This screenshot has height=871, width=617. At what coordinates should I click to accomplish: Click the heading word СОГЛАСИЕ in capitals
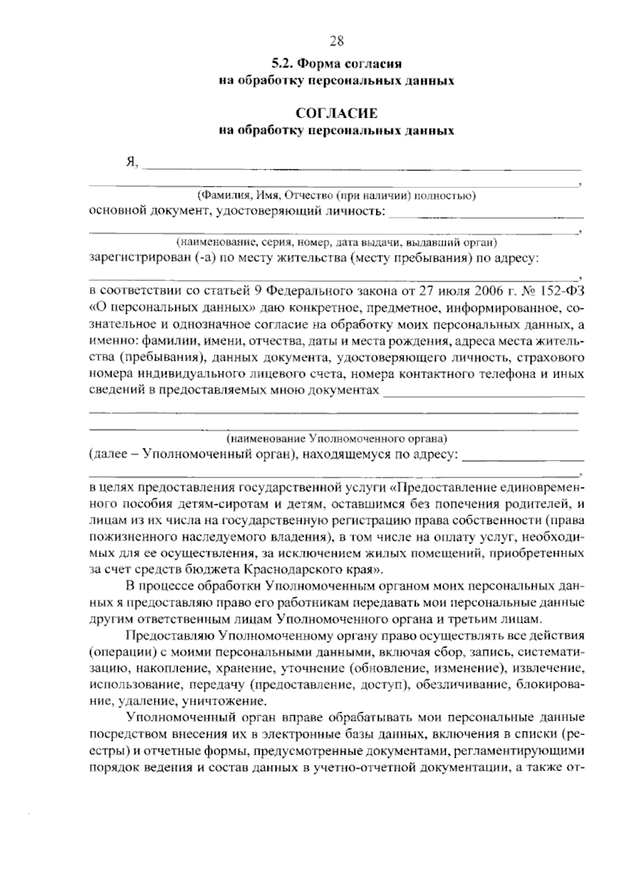pyautogui.click(x=336, y=113)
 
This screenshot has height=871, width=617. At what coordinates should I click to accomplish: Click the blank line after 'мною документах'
pyautogui.click(x=484, y=394)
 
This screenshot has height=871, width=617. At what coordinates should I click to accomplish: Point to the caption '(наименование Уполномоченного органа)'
pyautogui.click(x=337, y=439)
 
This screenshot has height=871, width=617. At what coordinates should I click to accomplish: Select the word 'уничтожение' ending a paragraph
pyautogui.click(x=223, y=701)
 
